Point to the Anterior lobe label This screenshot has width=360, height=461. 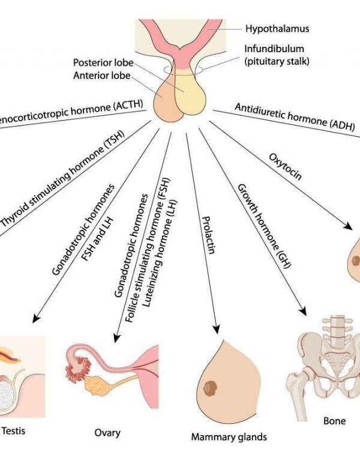pos(98,75)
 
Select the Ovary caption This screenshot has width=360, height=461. pos(107,432)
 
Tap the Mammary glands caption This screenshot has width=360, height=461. pos(229,436)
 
